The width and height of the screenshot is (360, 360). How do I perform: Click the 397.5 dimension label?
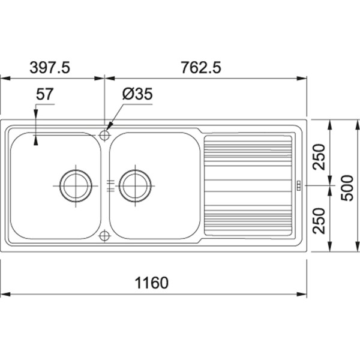(x=50, y=68)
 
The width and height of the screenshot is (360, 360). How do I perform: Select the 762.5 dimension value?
(x=201, y=68)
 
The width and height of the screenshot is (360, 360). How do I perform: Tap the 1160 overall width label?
(x=152, y=283)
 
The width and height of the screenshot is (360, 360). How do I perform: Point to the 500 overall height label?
(x=347, y=188)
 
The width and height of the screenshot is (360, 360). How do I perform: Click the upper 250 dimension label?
(x=319, y=157)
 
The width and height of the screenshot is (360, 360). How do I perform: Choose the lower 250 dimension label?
(x=319, y=221)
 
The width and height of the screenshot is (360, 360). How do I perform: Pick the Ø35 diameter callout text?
(x=137, y=94)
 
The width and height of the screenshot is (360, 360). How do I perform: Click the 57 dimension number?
(x=44, y=94)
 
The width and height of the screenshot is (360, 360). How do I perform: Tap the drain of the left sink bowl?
(x=76, y=186)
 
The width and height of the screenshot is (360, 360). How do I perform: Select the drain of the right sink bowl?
(x=135, y=186)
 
